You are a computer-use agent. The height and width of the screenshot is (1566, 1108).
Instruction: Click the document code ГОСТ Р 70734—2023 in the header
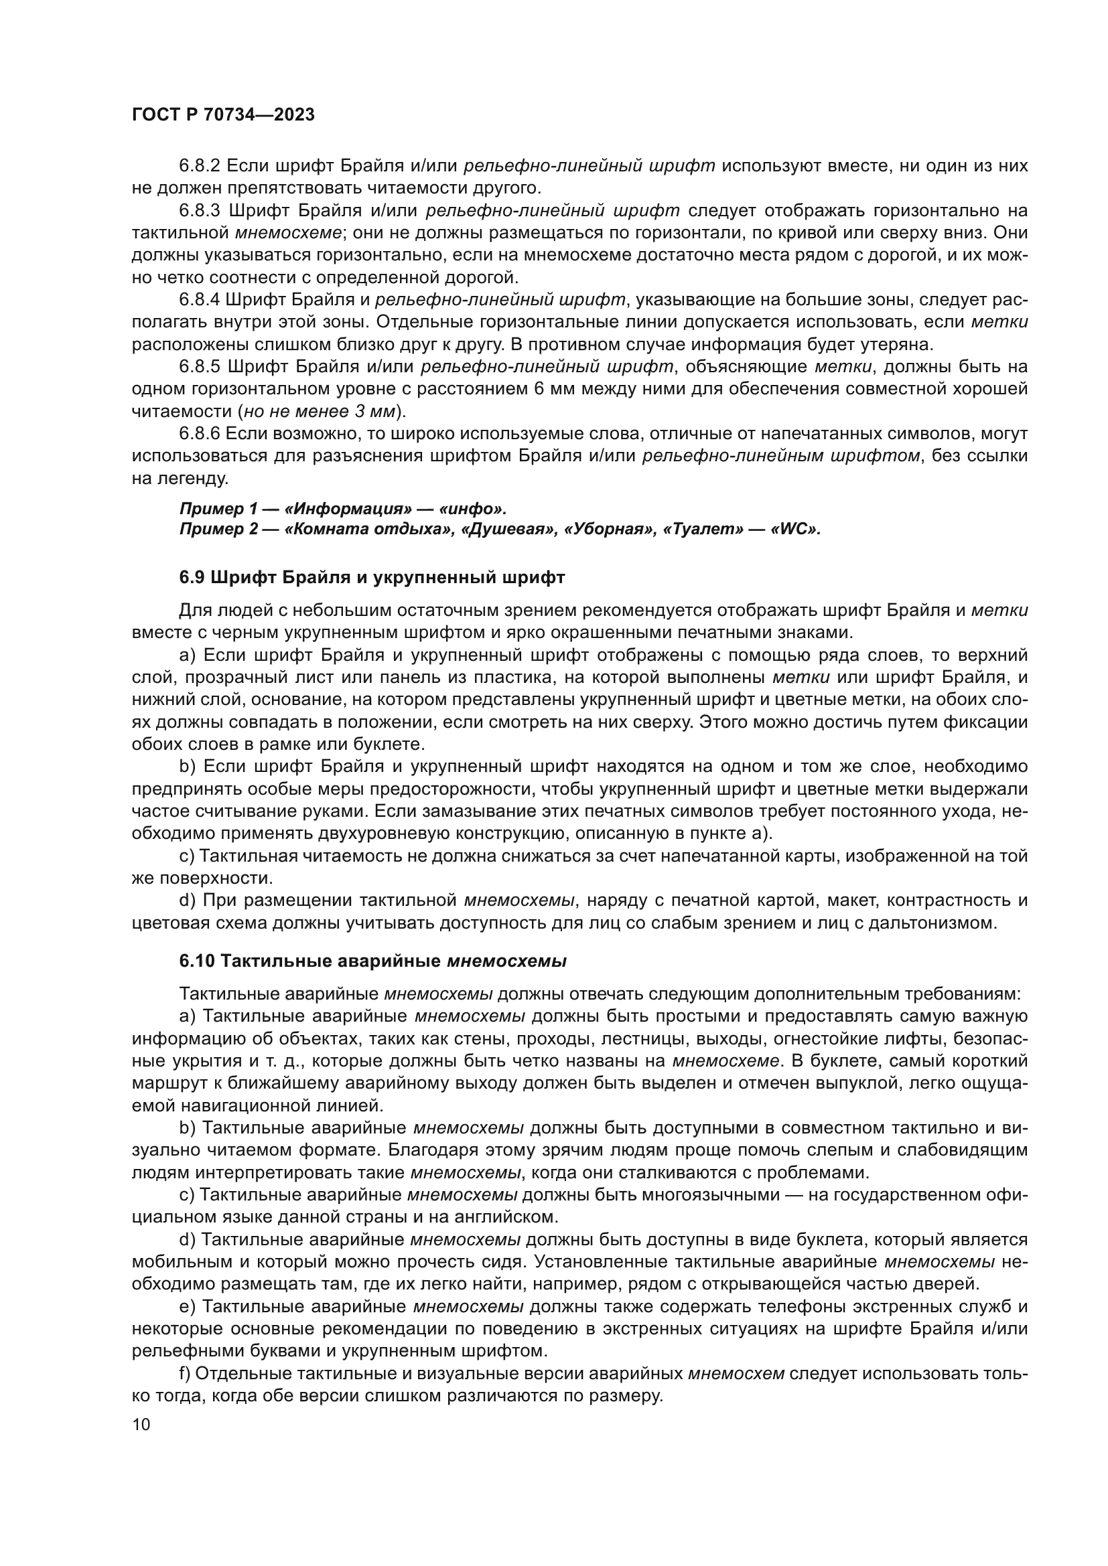tap(223, 114)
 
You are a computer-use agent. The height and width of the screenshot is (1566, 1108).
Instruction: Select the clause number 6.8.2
tap(200, 166)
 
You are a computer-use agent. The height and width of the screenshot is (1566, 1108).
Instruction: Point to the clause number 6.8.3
tap(200, 210)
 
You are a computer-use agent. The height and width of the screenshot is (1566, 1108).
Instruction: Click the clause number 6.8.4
tap(200, 299)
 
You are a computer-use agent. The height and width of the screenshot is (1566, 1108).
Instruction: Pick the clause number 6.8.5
tap(200, 366)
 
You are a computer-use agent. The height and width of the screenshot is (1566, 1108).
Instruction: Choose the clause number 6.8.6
tap(200, 433)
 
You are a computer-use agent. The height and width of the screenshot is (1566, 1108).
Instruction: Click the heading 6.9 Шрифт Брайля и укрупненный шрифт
tap(372, 577)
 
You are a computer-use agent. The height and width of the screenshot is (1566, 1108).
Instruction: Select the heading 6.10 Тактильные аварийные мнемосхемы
tap(372, 961)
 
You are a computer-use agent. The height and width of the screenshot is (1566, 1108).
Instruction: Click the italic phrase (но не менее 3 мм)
tap(321, 411)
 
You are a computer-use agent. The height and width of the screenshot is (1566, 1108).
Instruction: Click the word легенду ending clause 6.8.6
tap(190, 478)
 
